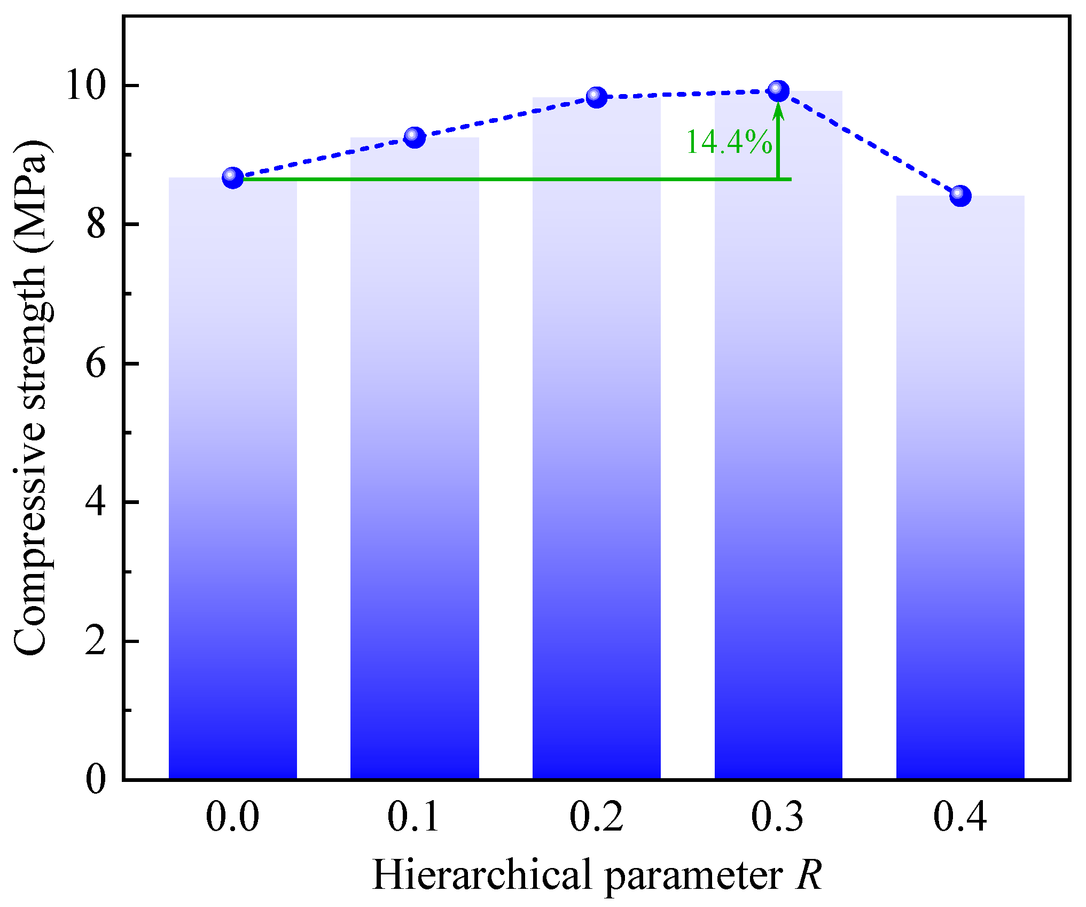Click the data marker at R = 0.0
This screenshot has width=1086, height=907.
coord(232,177)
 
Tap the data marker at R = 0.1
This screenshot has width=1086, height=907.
coord(415,137)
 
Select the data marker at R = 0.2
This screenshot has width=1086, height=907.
coord(596,97)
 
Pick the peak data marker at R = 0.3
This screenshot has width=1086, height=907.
coord(778,90)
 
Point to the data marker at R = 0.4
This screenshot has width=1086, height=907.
coord(960,195)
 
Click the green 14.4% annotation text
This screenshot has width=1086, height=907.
coord(729,143)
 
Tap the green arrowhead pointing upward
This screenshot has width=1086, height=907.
coord(778,110)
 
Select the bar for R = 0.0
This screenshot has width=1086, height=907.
coord(232,481)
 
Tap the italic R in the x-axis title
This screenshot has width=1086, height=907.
coord(808,875)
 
